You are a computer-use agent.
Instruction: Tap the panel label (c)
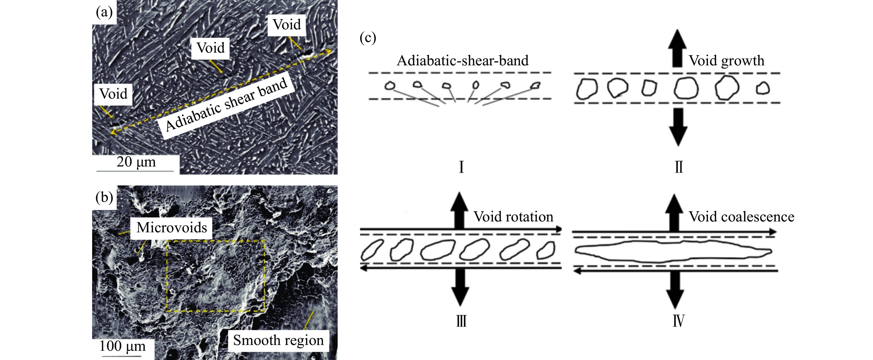click(x=368, y=38)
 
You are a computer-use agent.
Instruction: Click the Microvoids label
click(x=171, y=227)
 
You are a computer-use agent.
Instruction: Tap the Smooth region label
click(x=278, y=340)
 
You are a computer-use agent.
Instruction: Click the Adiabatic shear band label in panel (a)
click(x=226, y=104)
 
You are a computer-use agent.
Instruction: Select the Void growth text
click(x=727, y=61)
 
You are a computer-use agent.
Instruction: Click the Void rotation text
click(x=513, y=217)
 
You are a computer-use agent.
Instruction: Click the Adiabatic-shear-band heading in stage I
click(x=463, y=61)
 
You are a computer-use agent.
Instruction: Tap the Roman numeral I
click(x=461, y=167)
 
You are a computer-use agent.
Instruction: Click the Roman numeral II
click(x=679, y=167)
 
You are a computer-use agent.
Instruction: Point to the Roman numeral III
click(x=461, y=320)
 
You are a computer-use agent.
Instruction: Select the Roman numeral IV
click(x=679, y=320)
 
